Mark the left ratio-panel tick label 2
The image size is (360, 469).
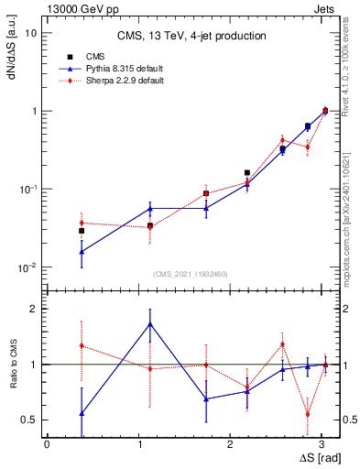coord(35,309)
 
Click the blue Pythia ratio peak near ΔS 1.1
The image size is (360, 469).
coord(150,324)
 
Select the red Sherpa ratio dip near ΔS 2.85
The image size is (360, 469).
coord(308,414)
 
